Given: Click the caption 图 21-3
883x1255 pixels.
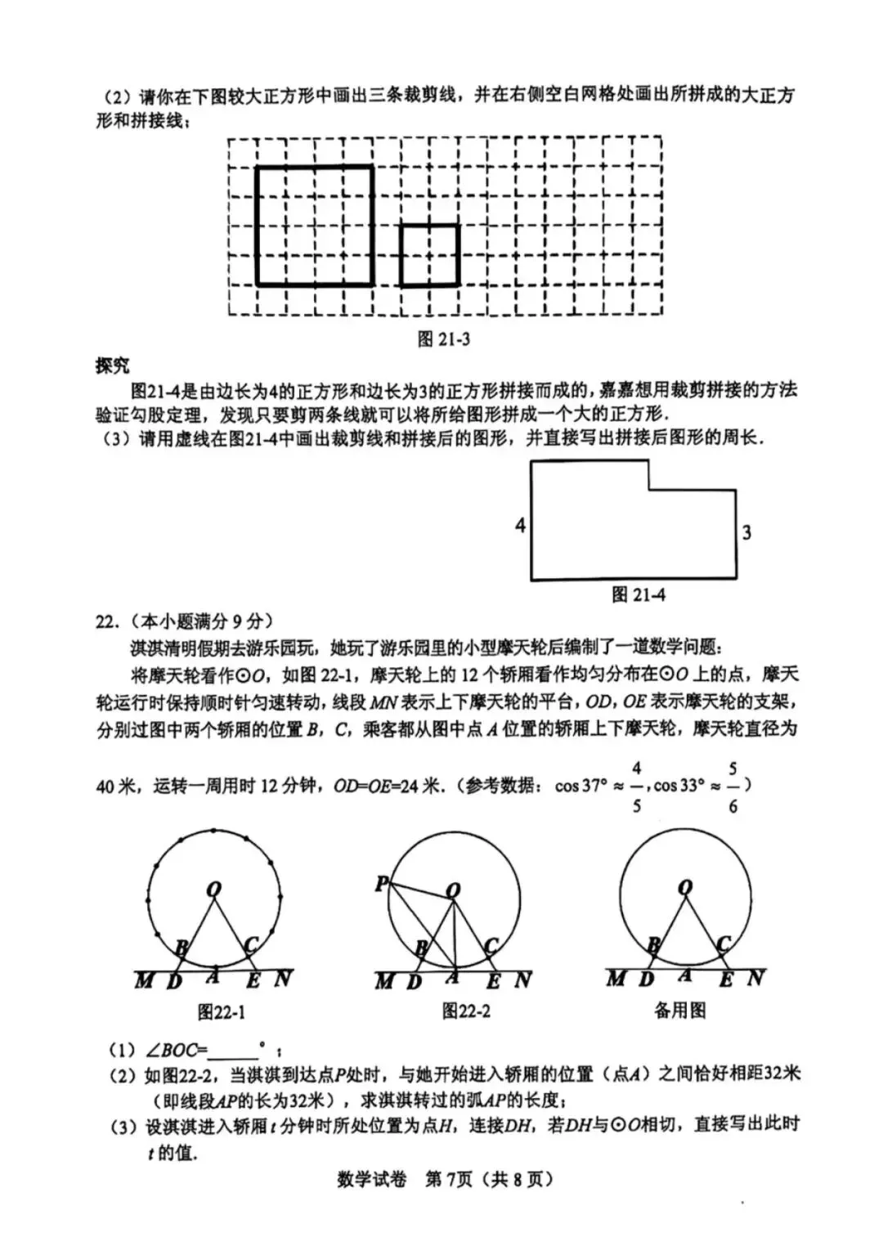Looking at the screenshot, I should (443, 339).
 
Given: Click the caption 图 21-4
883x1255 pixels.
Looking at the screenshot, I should (638, 595).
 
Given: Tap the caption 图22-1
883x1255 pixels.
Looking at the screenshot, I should (221, 1012).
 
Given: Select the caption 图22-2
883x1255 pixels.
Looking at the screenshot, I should (466, 1011).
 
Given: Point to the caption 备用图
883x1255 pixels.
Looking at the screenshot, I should (679, 1011).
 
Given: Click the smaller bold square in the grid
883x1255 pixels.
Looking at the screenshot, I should (429, 255).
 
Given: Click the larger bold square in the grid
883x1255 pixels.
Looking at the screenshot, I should (315, 226).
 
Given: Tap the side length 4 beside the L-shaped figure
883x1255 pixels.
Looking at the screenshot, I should (520, 525).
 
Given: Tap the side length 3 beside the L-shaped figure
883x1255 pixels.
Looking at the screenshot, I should (746, 533).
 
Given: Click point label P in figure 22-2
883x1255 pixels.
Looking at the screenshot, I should (382, 883).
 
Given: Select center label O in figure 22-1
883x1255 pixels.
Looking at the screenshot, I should (214, 890).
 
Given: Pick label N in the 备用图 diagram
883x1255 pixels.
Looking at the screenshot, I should (755, 977).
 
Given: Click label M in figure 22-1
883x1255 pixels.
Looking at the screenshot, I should (144, 979).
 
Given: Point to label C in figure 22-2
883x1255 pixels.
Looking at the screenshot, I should (491, 946).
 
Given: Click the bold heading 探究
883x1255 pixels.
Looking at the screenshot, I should (112, 365).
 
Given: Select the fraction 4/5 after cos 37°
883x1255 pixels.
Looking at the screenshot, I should (637, 787).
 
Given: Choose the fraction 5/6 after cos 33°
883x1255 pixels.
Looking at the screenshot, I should (733, 787).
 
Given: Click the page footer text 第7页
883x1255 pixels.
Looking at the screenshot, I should (449, 1179).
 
